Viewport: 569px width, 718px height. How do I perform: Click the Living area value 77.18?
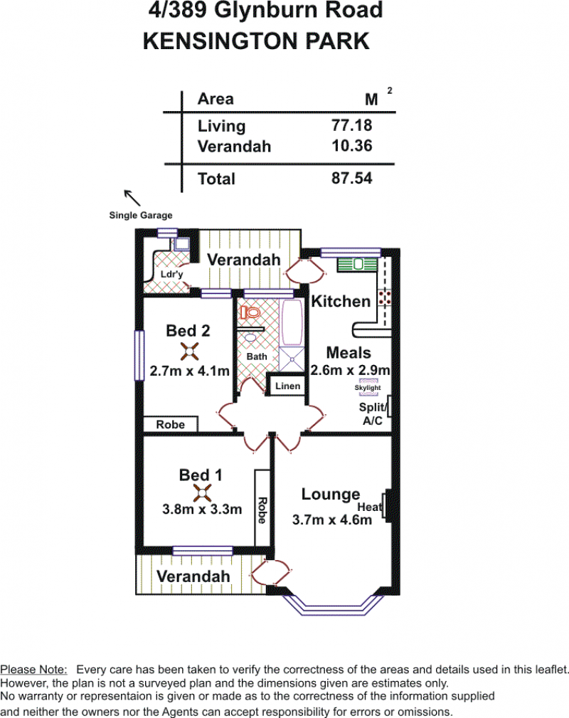351,125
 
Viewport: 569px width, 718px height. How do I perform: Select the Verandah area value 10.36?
351,146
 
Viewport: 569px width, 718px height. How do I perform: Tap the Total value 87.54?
351,178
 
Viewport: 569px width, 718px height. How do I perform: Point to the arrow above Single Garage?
132,198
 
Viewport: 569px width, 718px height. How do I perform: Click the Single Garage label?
141,215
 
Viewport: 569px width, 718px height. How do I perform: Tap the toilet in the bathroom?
250,313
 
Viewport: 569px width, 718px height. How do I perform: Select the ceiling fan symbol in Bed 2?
189,352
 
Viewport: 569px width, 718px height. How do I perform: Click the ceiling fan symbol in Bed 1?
202,493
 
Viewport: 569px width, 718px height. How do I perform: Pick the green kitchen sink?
358,264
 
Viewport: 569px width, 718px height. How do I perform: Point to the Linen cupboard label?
287,386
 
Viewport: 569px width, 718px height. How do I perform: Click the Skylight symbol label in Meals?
368,387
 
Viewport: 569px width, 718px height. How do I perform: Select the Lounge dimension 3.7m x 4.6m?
332,519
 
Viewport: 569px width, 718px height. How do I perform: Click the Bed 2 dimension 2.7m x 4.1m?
189,371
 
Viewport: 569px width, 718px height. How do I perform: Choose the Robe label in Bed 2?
170,425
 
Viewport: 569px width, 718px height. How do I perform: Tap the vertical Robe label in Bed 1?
262,510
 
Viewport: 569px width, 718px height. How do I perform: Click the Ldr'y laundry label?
171,274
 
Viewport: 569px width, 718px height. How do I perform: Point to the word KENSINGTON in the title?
220,41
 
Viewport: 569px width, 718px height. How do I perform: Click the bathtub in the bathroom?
292,322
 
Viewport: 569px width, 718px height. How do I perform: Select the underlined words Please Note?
33,670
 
